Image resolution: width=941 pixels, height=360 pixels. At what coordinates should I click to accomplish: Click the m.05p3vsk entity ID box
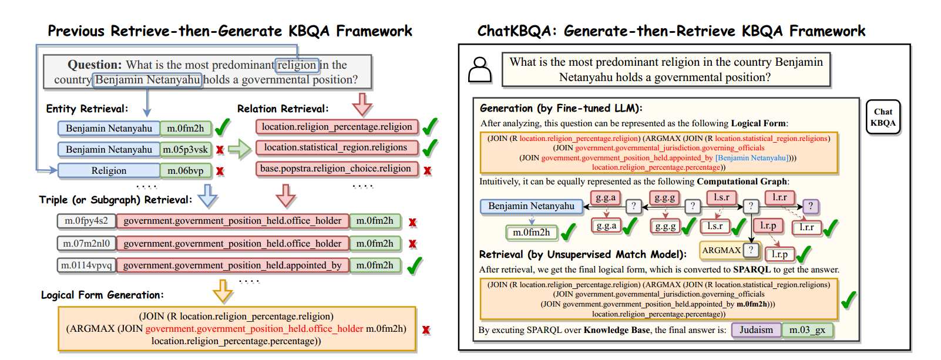[x=186, y=150]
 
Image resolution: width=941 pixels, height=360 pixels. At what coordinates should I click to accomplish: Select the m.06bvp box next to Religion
[x=186, y=171]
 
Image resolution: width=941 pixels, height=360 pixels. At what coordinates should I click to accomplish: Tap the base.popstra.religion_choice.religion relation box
[x=336, y=169]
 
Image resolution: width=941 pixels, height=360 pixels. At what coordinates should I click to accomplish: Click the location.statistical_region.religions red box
[x=336, y=147]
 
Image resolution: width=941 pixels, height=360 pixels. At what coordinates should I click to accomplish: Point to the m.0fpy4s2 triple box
[x=86, y=221]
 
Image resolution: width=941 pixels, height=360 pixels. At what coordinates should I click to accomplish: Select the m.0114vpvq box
[x=86, y=265]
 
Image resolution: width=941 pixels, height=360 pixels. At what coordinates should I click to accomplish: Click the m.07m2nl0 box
[x=86, y=243]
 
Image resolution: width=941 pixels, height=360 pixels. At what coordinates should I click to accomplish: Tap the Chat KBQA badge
[x=883, y=117]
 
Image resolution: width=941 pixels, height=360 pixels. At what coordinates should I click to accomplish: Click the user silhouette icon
[x=480, y=70]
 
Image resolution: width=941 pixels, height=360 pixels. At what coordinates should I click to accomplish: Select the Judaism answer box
[x=756, y=330]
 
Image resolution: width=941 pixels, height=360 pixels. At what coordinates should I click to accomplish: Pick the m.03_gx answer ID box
[x=807, y=330]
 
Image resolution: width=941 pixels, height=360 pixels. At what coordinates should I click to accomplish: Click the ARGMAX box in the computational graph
[x=722, y=250]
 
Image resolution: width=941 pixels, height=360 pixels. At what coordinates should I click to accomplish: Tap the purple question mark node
[x=811, y=206]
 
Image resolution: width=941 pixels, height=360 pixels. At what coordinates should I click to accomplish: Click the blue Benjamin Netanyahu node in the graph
[x=531, y=206]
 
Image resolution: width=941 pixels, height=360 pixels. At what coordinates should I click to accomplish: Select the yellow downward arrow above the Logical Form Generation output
[x=223, y=290]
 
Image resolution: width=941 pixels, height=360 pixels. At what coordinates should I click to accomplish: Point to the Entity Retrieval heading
[x=87, y=109]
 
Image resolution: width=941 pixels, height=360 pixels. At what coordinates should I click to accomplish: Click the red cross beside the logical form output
[x=426, y=330]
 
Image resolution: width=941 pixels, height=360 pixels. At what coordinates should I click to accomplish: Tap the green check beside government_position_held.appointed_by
[x=414, y=265]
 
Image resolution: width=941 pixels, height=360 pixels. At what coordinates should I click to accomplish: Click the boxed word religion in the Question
[x=297, y=65]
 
